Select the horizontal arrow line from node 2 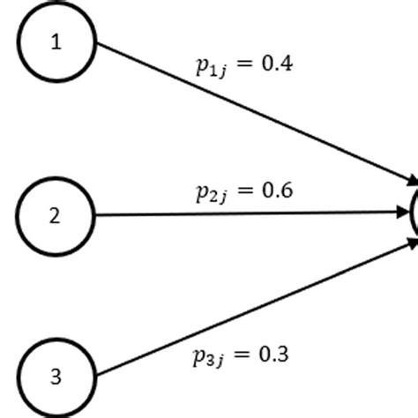247,213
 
